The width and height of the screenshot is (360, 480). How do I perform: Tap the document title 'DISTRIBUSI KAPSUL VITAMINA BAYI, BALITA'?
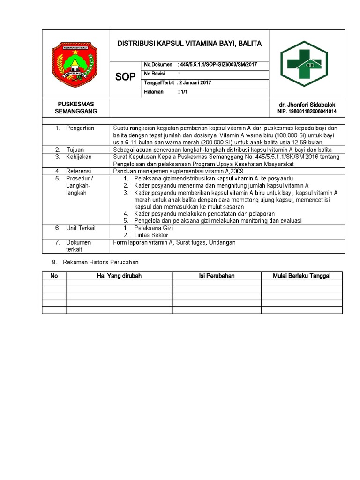pos(189,44)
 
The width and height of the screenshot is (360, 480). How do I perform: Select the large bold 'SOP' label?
pos(125,77)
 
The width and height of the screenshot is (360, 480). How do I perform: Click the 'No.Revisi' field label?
pos(155,74)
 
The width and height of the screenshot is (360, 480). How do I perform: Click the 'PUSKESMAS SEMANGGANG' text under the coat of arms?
pos(75,108)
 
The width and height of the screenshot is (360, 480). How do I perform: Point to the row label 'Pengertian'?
pos(80,128)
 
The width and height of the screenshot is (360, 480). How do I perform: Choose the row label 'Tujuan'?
pos(75,150)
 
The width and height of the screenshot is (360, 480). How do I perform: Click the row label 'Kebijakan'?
pos(79,157)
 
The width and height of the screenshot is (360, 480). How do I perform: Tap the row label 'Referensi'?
pos(78,171)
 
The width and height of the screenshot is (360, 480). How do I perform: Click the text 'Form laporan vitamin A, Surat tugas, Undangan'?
pos(174,242)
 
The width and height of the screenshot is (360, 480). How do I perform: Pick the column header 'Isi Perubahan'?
pos(217,276)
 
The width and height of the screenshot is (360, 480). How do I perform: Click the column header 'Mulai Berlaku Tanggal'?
pos(301,276)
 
